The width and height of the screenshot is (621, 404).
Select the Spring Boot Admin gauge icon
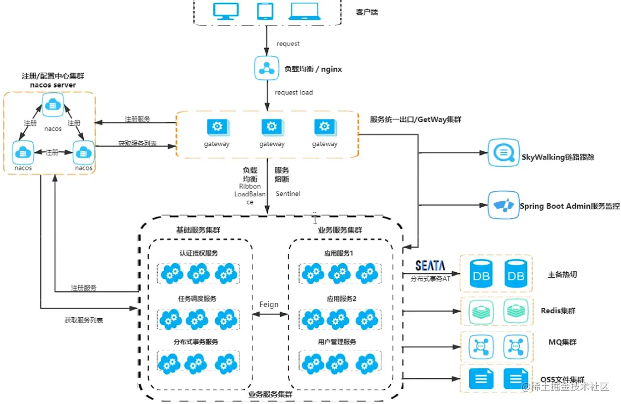(x=502, y=205)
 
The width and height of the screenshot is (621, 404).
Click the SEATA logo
(x=430, y=266)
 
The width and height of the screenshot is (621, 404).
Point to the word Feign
(x=269, y=305)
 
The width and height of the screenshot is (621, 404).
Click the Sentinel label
(x=288, y=194)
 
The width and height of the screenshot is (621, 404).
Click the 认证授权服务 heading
(x=198, y=253)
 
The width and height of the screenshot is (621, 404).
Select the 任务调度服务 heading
(x=198, y=298)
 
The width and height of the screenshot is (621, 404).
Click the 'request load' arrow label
(x=294, y=92)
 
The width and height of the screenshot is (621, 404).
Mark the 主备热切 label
(x=562, y=274)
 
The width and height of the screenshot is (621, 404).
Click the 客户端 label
(x=367, y=12)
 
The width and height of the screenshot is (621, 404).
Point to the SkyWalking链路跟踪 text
(x=558, y=157)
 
